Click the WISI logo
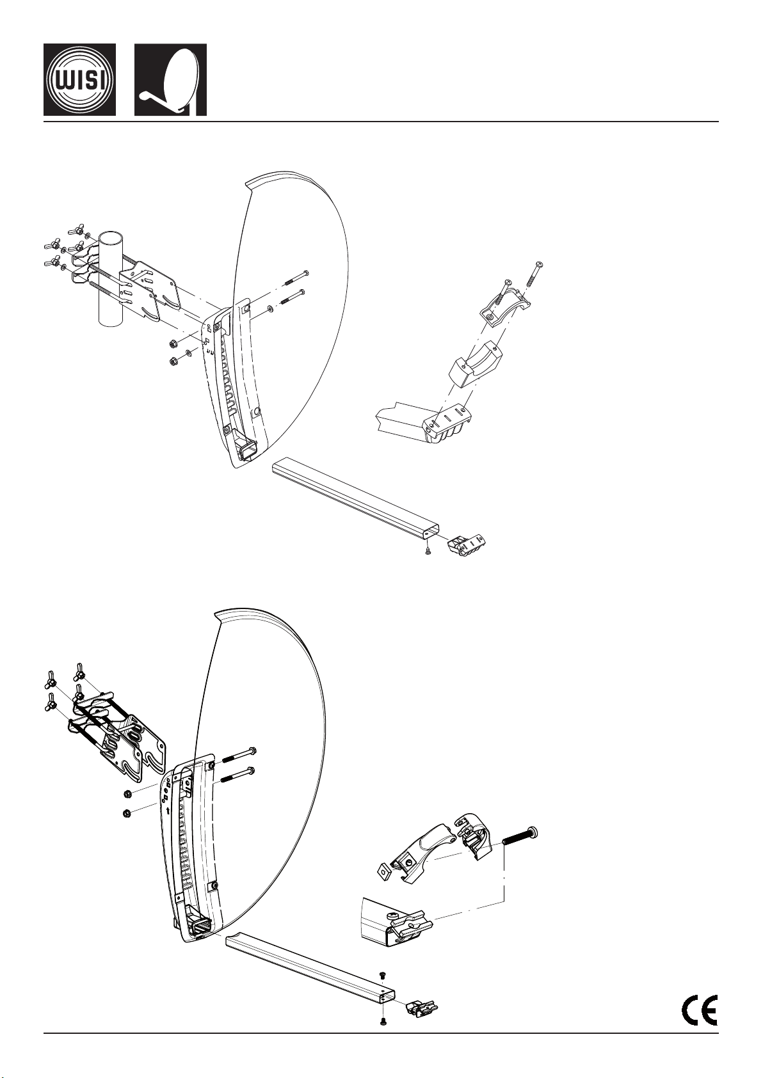pos(80,79)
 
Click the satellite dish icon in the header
pos(170,79)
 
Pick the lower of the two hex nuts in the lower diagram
pos(127,814)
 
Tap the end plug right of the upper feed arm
pos(467,543)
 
